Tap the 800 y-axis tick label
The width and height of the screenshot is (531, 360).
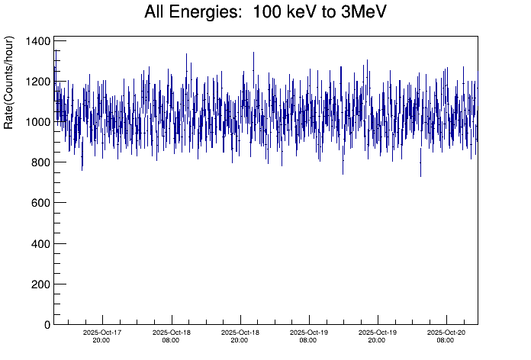40,162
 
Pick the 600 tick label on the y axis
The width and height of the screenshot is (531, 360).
40,203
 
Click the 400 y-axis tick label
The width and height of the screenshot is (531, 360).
40,243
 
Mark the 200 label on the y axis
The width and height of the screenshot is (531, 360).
40,284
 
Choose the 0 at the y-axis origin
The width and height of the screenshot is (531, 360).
47,325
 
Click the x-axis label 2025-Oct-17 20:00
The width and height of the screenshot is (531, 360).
102,336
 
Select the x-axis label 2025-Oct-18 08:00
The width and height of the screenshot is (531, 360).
171,336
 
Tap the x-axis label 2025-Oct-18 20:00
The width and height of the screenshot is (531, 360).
240,336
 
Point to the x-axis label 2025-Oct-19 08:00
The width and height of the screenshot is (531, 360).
308,336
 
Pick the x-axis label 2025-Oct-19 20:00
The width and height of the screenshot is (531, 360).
377,336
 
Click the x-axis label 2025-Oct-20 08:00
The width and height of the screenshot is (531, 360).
446,336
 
